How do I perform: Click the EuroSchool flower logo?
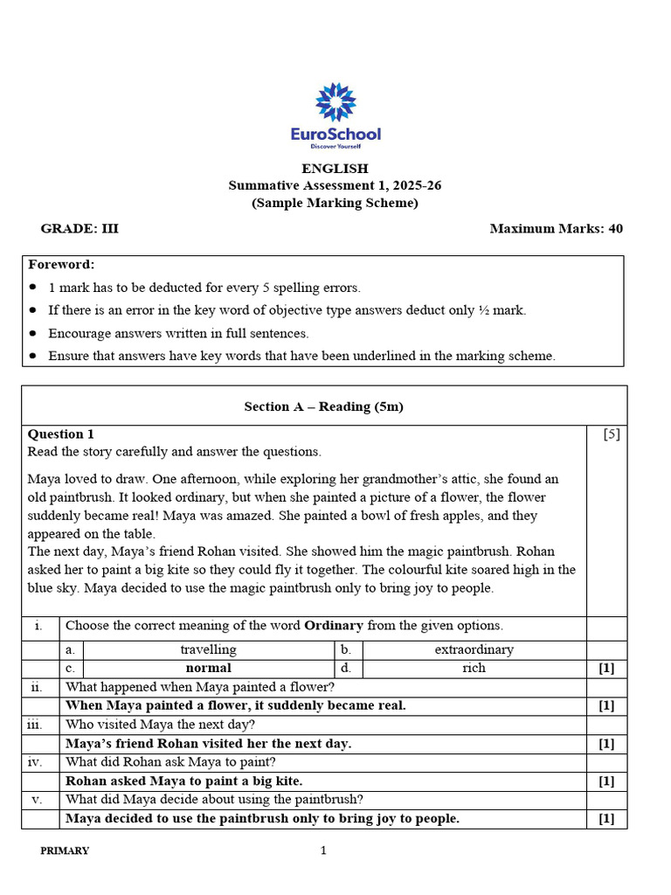click(335, 102)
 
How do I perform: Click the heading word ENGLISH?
click(335, 169)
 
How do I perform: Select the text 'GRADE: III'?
click(80, 229)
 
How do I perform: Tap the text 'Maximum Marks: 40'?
click(557, 229)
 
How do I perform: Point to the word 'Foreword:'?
click(61, 265)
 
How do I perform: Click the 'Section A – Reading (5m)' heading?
click(323, 406)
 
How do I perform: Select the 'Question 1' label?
click(61, 434)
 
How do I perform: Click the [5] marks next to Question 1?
click(612, 434)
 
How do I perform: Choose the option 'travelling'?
click(208, 649)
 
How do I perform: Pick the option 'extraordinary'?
click(474, 649)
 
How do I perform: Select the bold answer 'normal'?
click(208, 668)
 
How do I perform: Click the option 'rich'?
click(474, 668)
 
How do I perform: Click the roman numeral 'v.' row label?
click(37, 799)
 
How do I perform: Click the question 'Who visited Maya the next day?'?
click(161, 725)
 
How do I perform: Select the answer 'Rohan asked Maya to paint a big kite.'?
click(184, 781)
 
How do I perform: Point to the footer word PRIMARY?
click(65, 851)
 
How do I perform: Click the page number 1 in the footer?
click(323, 850)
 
